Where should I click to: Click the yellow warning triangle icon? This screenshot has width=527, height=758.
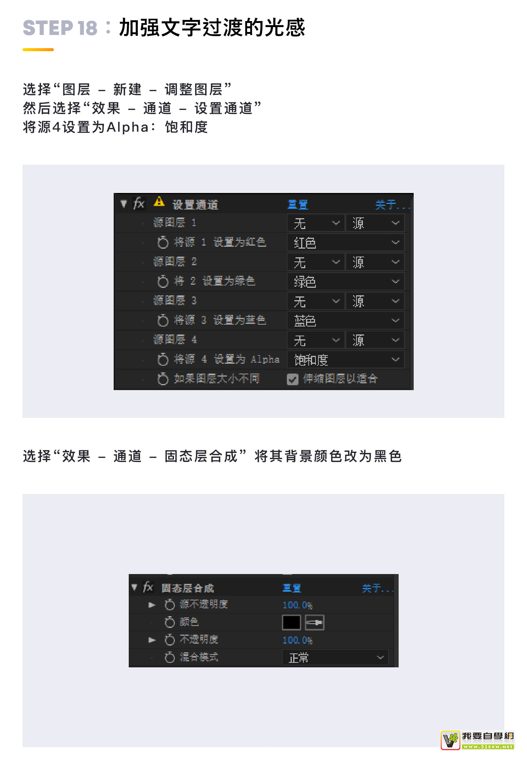coord(159,202)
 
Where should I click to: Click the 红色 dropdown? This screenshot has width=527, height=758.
coord(346,243)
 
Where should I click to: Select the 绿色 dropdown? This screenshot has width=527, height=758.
coord(346,281)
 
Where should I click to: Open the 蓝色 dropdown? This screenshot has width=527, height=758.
coord(346,321)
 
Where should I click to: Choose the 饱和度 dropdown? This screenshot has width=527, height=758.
coord(346,360)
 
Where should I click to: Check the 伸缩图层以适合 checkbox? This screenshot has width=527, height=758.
coord(292,379)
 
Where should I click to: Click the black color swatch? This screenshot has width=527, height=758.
coord(291,622)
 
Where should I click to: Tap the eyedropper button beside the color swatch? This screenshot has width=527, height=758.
coord(314,622)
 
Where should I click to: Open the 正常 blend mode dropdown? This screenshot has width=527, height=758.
coord(335,658)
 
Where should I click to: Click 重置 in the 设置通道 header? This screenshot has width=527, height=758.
coord(298,205)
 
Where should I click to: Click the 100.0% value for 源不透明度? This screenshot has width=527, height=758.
coord(297,605)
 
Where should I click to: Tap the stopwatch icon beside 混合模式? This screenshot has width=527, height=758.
coord(170,657)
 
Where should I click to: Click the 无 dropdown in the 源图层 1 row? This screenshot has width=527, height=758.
coord(316,223)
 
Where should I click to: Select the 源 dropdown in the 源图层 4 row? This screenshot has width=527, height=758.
coord(375,340)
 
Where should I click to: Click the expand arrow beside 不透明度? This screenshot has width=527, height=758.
coord(152,640)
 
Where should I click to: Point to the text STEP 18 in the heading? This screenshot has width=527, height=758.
coord(60,28)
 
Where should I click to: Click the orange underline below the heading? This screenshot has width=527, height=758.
coord(38,50)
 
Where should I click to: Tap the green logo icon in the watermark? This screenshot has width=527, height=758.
coord(451,740)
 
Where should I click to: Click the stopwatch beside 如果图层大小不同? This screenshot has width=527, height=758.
coord(163,379)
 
